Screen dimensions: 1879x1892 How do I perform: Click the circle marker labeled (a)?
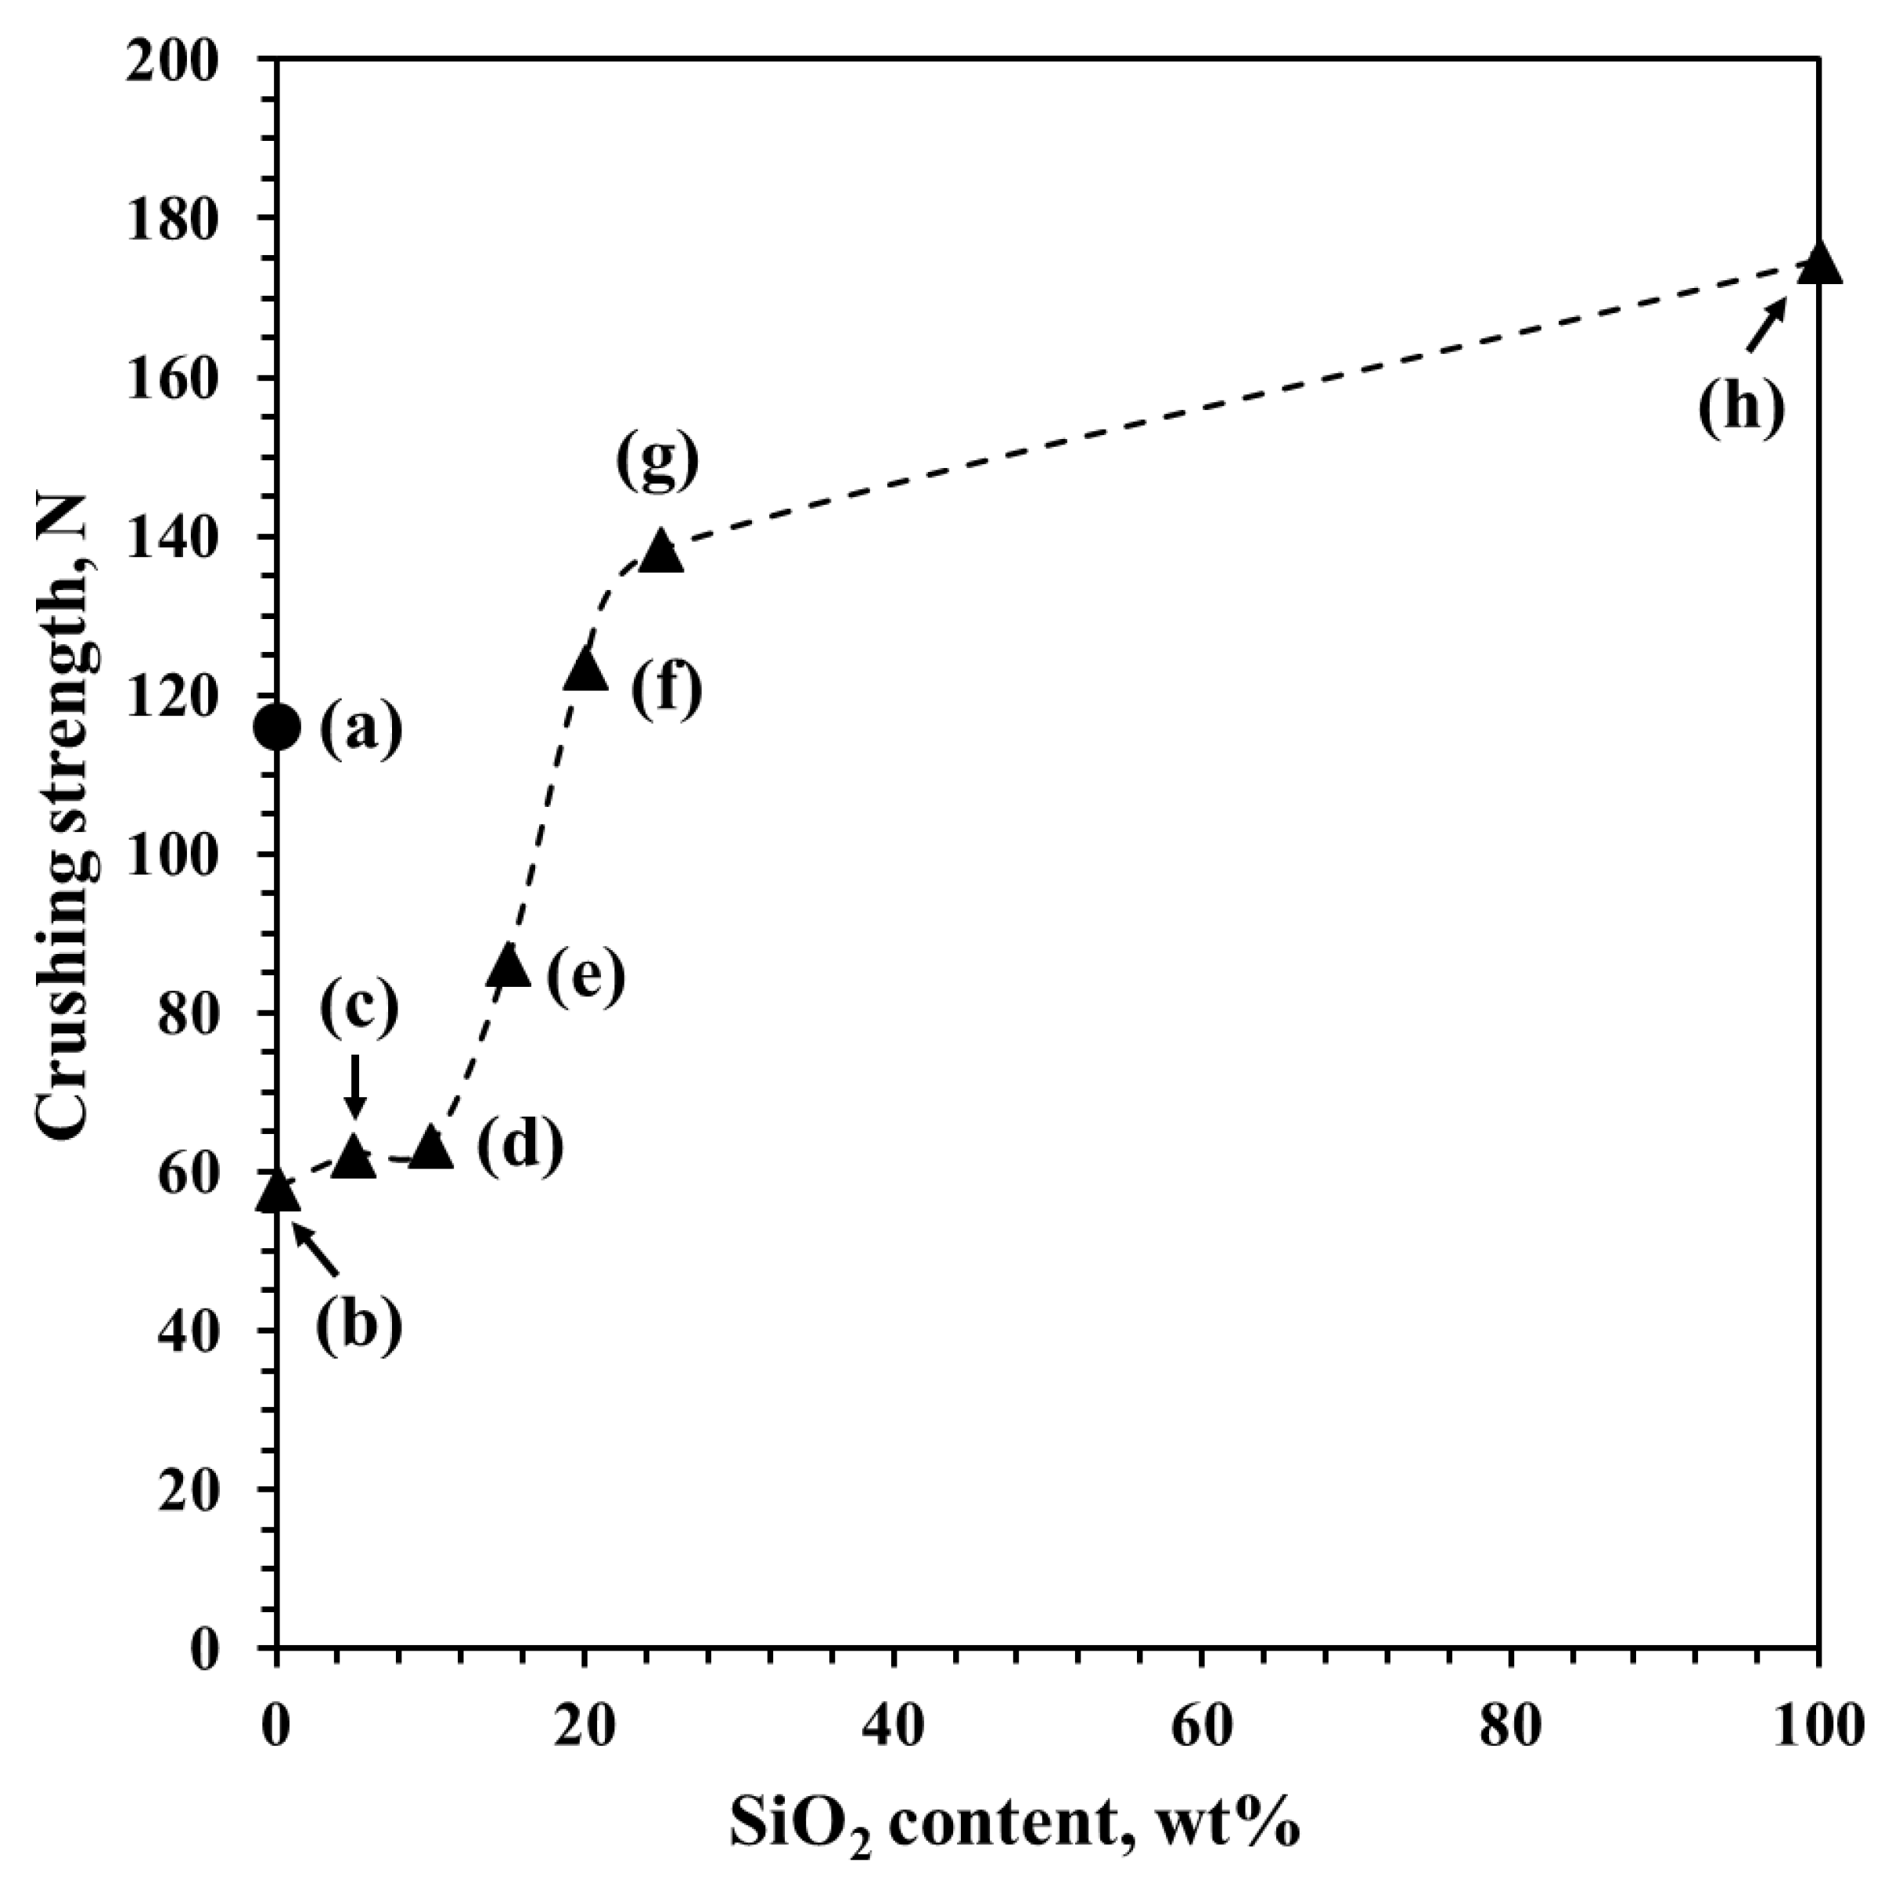click(x=277, y=727)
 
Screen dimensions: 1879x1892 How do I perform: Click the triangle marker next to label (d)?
click(x=431, y=1149)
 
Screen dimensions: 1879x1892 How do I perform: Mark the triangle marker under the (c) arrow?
click(x=354, y=1159)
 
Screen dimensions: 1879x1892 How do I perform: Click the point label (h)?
click(x=1741, y=404)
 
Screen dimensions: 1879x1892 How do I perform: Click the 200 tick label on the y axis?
click(x=186, y=61)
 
